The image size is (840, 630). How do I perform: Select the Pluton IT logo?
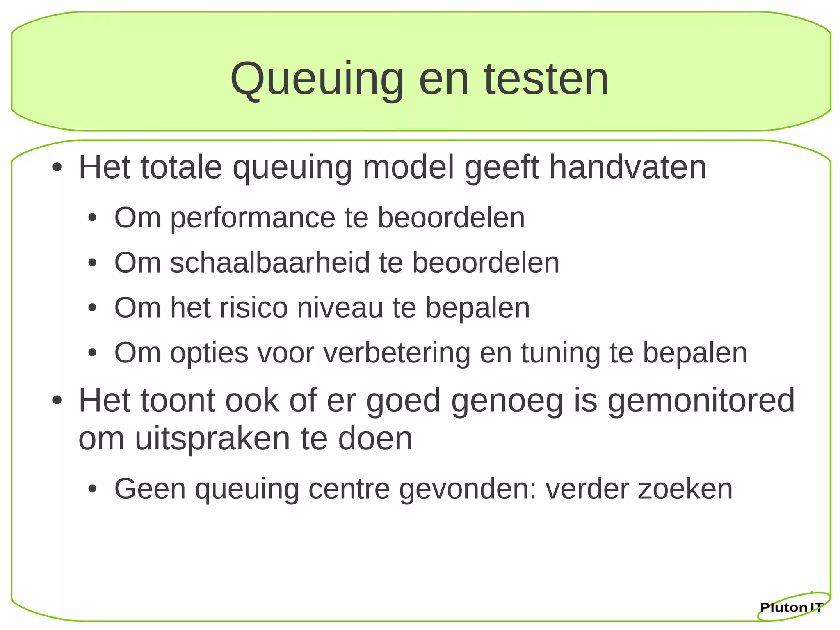click(792, 607)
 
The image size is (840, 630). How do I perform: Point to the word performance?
click(253, 218)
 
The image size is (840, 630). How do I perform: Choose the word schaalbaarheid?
click(270, 263)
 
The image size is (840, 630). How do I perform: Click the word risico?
click(254, 308)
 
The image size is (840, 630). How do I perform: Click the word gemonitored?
click(701, 401)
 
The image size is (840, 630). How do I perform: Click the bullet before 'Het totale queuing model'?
click(57, 168)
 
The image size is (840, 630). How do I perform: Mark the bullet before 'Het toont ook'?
click(57, 401)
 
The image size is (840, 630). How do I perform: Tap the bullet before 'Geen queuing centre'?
click(93, 489)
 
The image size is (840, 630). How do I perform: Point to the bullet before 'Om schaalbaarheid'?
click(93, 263)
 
